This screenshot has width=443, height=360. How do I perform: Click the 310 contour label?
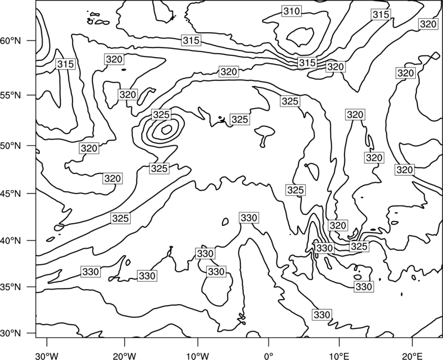click(291, 11)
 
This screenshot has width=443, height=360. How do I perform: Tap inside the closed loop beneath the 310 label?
click(300, 37)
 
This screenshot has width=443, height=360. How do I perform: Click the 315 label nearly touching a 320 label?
click(307, 63)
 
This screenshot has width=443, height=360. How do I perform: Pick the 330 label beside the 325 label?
click(324, 248)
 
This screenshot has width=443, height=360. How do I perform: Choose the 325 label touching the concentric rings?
click(161, 115)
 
